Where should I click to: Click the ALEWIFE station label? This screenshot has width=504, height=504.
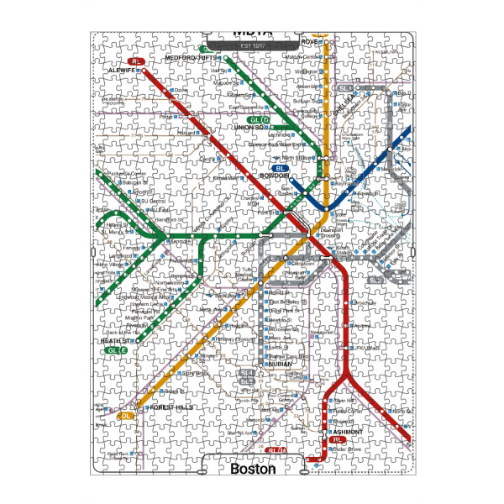pos(122,71)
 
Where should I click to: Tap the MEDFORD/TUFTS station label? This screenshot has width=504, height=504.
pos(192,57)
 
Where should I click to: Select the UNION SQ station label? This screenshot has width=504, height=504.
pos(250,128)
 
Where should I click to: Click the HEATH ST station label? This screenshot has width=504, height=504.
pos(113,341)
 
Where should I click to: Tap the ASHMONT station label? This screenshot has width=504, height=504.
pos(349,432)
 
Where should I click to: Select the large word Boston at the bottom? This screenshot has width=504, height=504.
pos(253,470)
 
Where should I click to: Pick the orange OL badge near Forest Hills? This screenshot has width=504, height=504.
pos(127,415)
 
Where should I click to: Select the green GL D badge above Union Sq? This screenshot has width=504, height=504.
pos(258,119)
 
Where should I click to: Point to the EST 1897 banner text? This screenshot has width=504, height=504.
pos(252,44)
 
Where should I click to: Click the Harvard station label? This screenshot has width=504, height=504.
pos(186,133)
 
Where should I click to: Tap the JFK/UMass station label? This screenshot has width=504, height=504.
pos(370,348)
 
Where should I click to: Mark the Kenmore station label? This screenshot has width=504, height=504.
pos(183,242)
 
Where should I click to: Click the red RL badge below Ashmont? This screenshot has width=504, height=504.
pos(338,440)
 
